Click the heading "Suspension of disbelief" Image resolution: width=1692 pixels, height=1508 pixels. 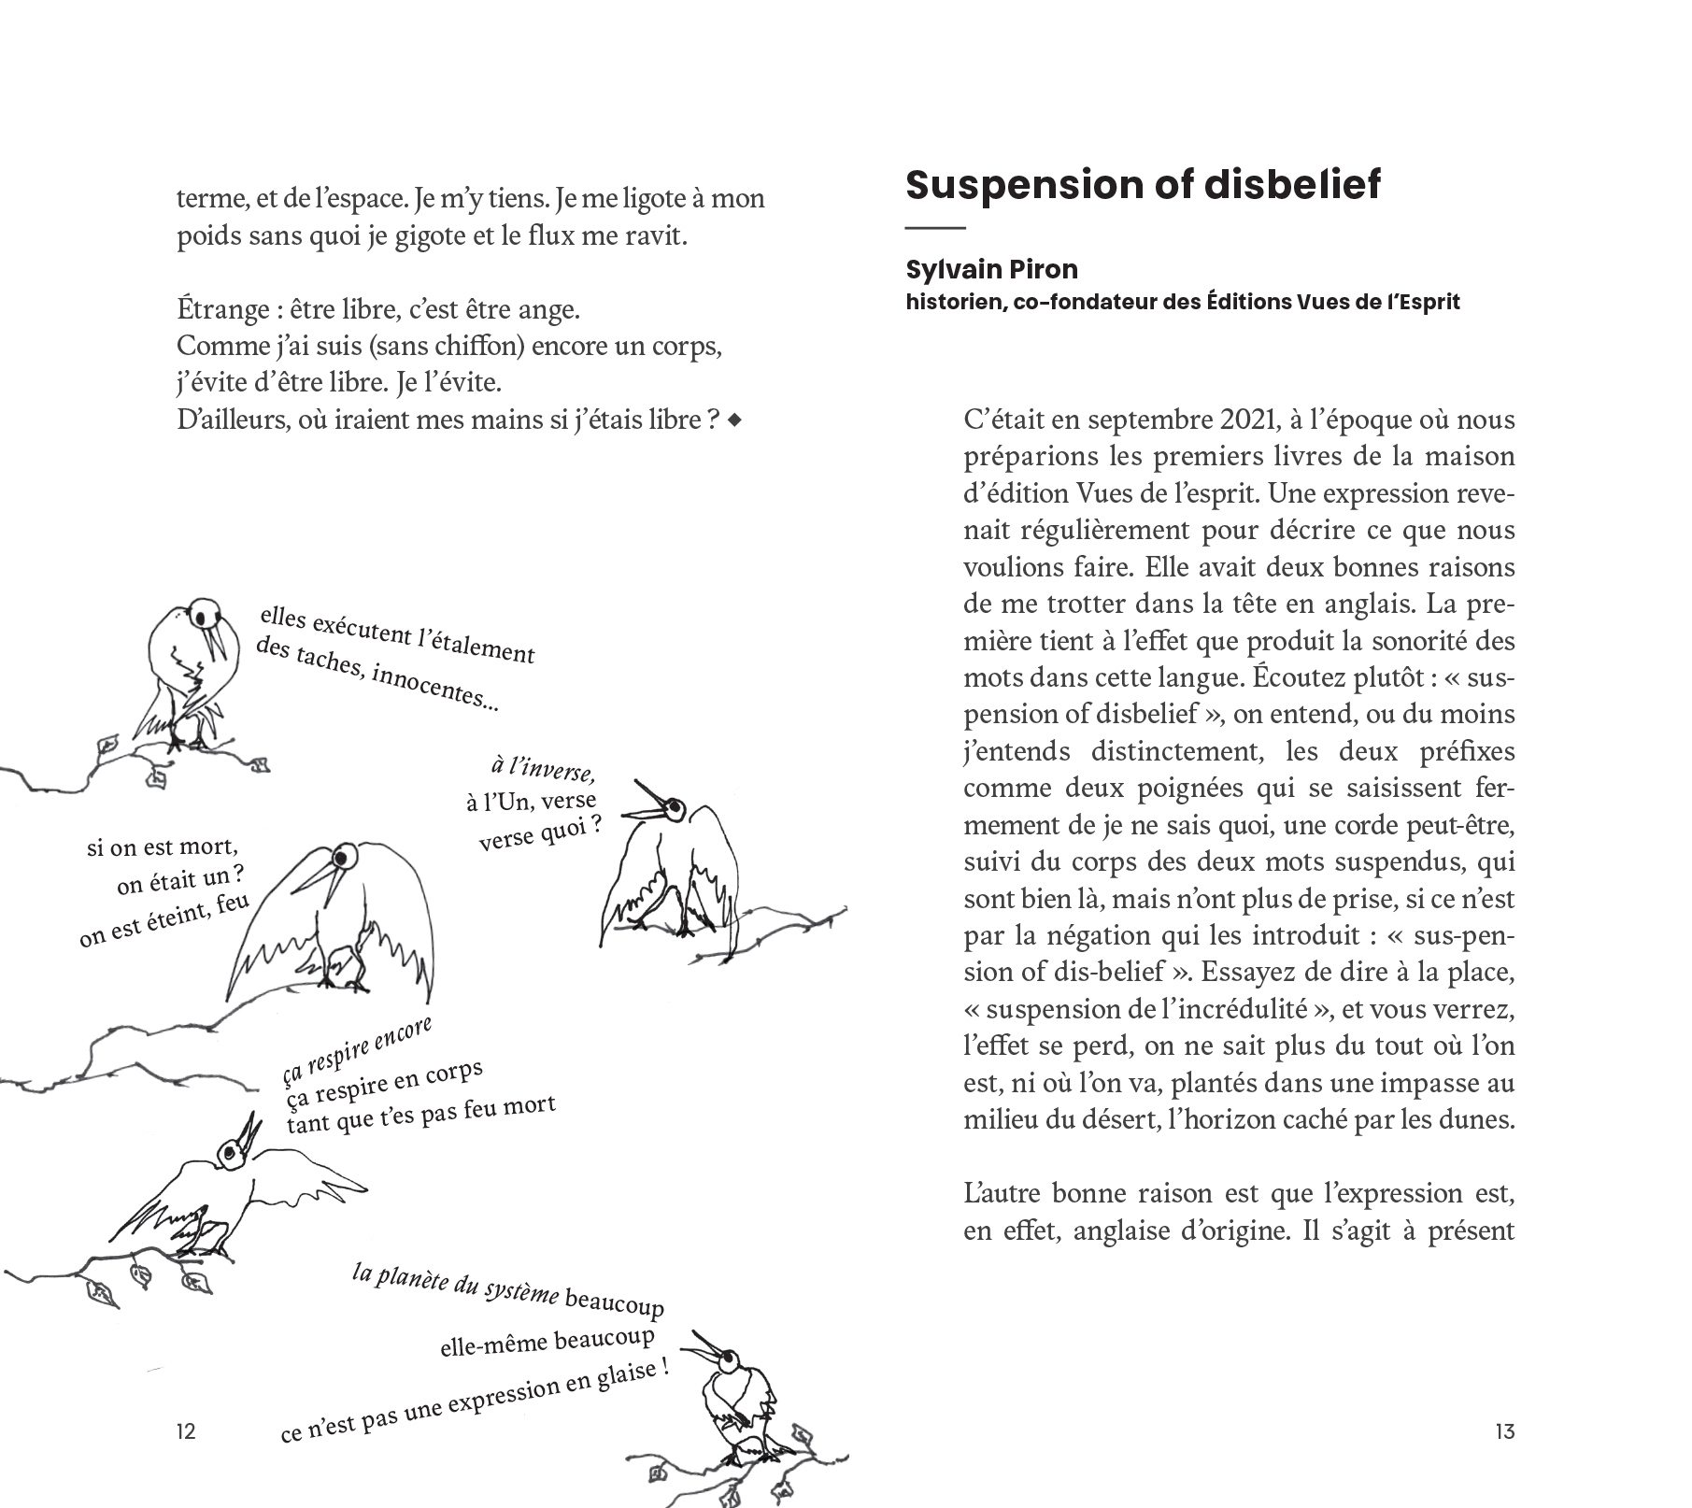[1143, 185]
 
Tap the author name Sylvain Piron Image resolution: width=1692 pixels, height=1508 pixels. [991, 270]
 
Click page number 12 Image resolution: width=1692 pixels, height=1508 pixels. [186, 1430]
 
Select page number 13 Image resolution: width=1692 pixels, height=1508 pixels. [1504, 1430]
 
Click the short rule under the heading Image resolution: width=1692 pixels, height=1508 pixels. [934, 228]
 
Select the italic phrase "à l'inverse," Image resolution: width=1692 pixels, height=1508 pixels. [543, 770]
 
